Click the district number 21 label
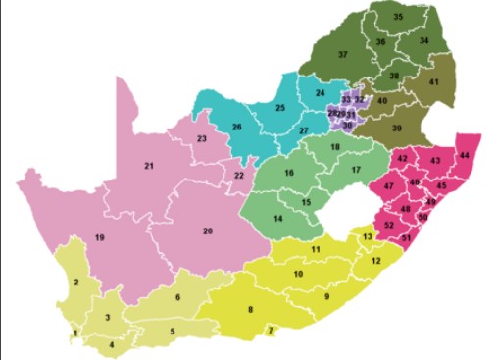tap(150, 166)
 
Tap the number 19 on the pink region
tap(99, 238)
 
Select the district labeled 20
tap(208, 231)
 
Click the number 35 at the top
tap(398, 17)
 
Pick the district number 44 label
tap(464, 156)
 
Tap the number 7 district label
tap(271, 331)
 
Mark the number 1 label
tap(74, 334)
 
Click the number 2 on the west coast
tap(75, 283)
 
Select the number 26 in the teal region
tap(236, 128)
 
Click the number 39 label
tap(397, 129)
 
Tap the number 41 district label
tap(433, 82)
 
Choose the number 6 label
tap(178, 297)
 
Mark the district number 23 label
tap(201, 139)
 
